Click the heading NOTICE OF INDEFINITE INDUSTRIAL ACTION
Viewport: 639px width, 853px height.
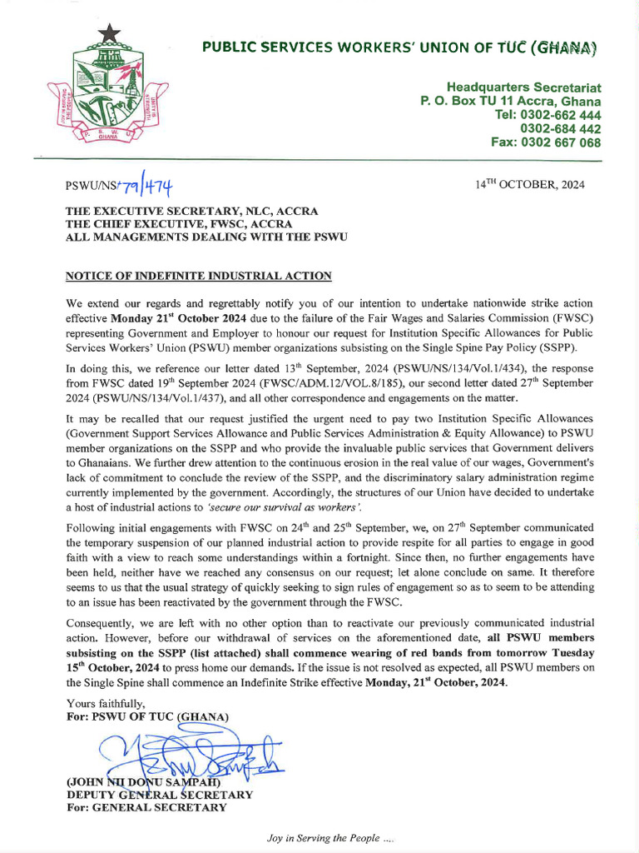199,276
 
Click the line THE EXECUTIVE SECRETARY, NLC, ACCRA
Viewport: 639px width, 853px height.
191,212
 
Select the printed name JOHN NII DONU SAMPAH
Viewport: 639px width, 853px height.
142,782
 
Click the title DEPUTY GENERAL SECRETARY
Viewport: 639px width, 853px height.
159,795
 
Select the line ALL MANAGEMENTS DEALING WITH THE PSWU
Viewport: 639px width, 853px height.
207,237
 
